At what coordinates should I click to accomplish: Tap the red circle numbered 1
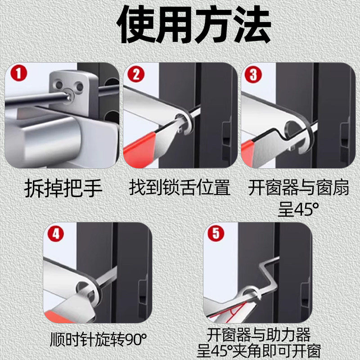pyautogui.click(x=18, y=73)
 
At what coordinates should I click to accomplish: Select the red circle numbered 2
pyautogui.click(x=136, y=74)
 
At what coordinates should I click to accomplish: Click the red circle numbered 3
pyautogui.click(x=253, y=75)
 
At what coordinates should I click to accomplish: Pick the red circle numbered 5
pyautogui.click(x=216, y=234)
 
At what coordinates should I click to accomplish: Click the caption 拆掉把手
pyautogui.click(x=63, y=188)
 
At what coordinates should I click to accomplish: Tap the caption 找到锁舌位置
pyautogui.click(x=179, y=188)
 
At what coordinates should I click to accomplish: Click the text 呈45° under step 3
pyautogui.click(x=298, y=209)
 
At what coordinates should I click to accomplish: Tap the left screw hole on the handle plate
pyautogui.click(x=58, y=84)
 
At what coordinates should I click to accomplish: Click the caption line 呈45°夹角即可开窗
pyautogui.click(x=259, y=351)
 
